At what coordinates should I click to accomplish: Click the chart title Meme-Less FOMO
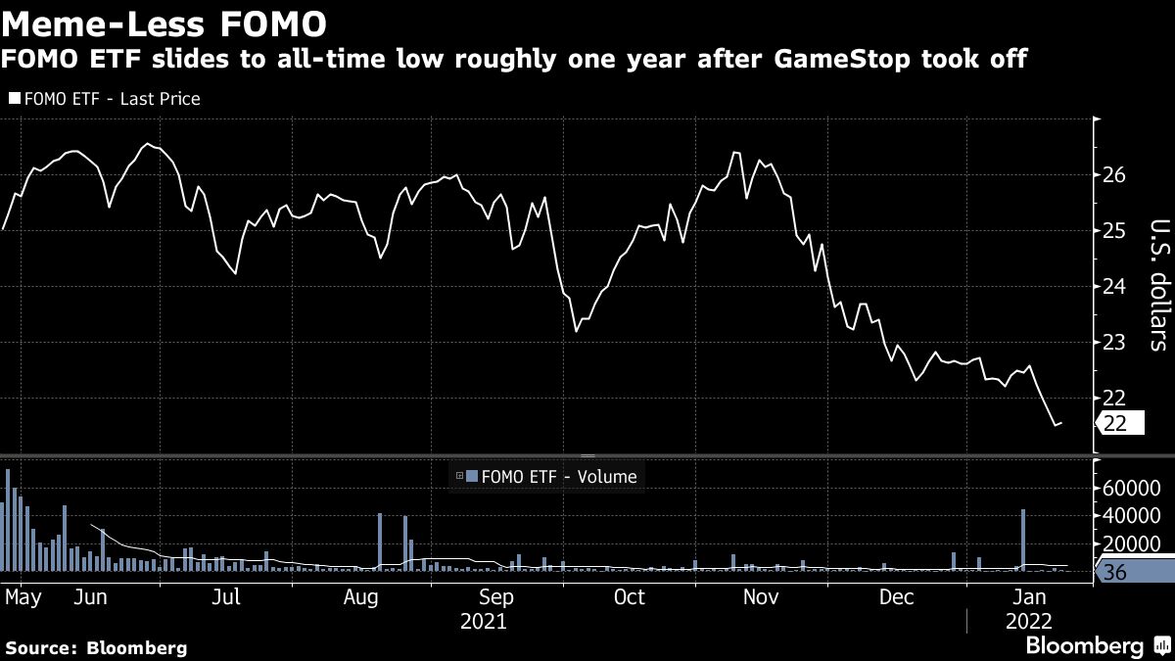click(x=164, y=21)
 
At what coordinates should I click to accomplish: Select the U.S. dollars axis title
click(x=1156, y=284)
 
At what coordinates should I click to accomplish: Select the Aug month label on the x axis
click(x=360, y=596)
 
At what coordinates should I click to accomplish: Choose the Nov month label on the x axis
click(x=761, y=596)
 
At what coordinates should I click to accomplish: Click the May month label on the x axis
click(x=22, y=596)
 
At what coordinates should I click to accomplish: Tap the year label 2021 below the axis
click(x=483, y=621)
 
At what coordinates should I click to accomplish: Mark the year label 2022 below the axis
click(x=1027, y=621)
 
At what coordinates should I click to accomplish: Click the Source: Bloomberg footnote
click(x=96, y=647)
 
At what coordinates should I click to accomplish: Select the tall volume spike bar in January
click(x=1023, y=539)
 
